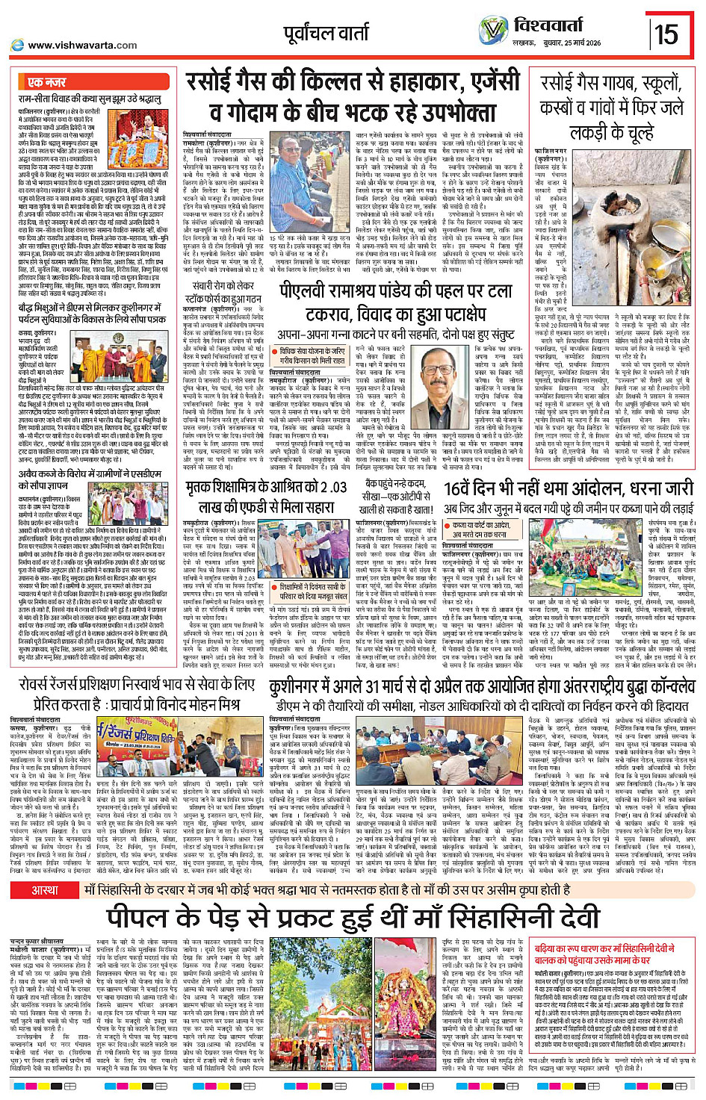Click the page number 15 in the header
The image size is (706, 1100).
[x=666, y=33]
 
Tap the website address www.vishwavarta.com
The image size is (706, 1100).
[x=82, y=45]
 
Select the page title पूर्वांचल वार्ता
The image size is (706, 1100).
[x=326, y=33]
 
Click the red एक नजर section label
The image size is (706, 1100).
[x=47, y=81]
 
